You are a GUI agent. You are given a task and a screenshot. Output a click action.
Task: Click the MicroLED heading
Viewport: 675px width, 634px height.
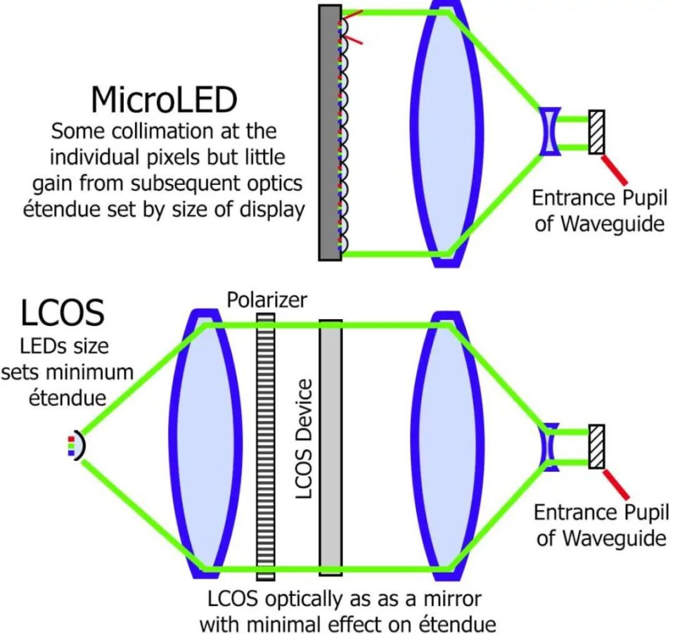pyautogui.click(x=163, y=101)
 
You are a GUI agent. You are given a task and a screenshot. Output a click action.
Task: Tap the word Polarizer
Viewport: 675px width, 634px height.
pyautogui.click(x=266, y=301)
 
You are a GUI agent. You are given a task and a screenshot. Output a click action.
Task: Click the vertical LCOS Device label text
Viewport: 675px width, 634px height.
pyautogui.click(x=304, y=439)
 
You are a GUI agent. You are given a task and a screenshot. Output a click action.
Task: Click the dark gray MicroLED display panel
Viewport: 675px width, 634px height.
pyautogui.click(x=329, y=133)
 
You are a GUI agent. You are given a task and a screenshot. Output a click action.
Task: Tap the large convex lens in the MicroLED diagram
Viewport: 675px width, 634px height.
pyautogui.click(x=446, y=133)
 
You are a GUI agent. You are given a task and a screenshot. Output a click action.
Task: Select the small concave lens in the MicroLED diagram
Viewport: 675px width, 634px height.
pyautogui.click(x=550, y=131)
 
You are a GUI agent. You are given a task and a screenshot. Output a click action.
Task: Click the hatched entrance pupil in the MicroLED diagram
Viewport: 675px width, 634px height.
pyautogui.click(x=596, y=131)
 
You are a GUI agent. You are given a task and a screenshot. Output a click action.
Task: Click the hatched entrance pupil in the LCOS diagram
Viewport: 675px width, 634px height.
pyautogui.click(x=596, y=447)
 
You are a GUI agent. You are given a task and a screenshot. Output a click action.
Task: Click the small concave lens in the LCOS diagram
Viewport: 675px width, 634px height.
pyautogui.click(x=549, y=447)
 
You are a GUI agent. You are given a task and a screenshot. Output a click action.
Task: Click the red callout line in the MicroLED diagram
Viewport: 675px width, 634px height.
pyautogui.click(x=615, y=168)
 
